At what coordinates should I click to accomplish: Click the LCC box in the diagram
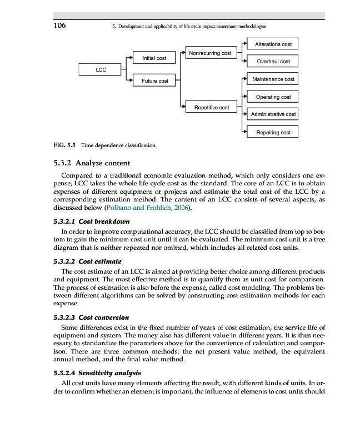pyautogui.click(x=101, y=70)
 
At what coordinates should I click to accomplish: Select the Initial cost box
pyautogui.click(x=154, y=58)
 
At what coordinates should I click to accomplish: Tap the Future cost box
pyautogui.click(x=154, y=81)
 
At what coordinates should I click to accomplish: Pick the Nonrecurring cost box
pyautogui.click(x=210, y=53)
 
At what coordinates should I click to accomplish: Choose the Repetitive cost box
pyautogui.click(x=212, y=107)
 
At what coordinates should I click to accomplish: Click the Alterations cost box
pyautogui.click(x=273, y=44)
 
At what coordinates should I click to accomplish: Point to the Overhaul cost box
pyautogui.click(x=273, y=62)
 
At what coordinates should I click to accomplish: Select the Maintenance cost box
pyautogui.click(x=273, y=79)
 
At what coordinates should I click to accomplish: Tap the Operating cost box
pyautogui.click(x=273, y=97)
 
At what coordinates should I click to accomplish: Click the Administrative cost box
pyautogui.click(x=273, y=114)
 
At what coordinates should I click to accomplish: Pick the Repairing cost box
pyautogui.click(x=273, y=133)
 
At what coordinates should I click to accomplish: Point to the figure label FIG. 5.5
pyautogui.click(x=64, y=147)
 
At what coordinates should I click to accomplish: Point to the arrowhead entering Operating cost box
pyautogui.click(x=245, y=97)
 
